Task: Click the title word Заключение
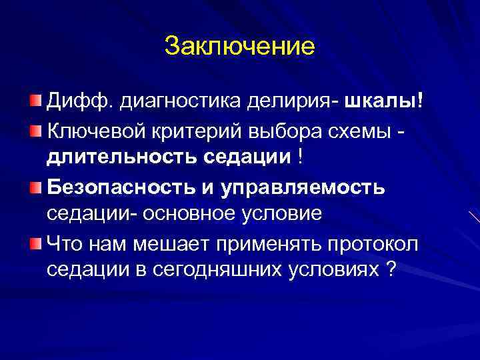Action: click(239, 47)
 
